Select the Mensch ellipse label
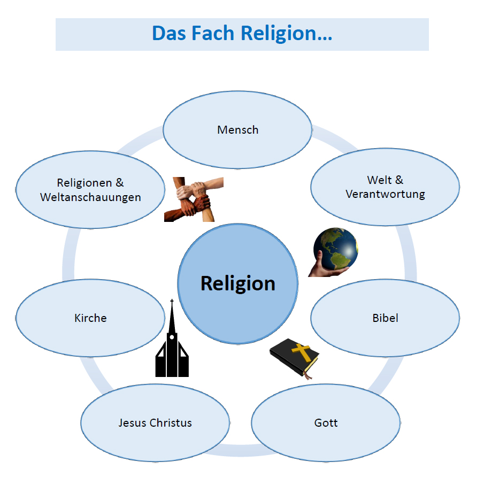coord(237,130)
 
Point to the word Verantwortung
coord(385,194)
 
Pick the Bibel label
coord(385,318)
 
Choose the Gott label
coord(326,423)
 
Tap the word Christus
coord(171,423)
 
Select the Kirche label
coord(90,318)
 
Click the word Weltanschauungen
coord(90,197)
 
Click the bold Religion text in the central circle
coord(237,283)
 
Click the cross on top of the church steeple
coord(172,303)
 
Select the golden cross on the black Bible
coord(301,352)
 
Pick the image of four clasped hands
coord(194,199)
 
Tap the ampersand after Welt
coord(399,180)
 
